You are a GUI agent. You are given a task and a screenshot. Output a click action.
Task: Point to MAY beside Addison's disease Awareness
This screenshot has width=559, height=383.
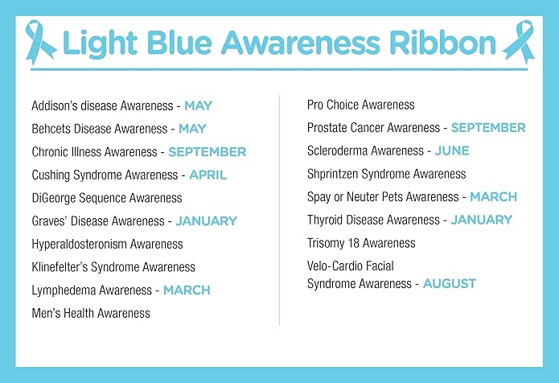tap(198, 105)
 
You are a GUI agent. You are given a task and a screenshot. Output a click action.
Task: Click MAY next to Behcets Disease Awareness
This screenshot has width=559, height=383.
tap(192, 129)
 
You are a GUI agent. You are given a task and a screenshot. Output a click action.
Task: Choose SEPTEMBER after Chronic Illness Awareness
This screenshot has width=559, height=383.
tap(207, 151)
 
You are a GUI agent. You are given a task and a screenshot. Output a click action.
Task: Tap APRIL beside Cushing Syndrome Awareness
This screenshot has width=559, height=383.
tap(208, 175)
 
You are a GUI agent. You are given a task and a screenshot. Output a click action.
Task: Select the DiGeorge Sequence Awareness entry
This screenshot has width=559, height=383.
tap(107, 198)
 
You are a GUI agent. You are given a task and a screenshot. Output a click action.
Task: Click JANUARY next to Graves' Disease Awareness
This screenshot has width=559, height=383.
tap(206, 220)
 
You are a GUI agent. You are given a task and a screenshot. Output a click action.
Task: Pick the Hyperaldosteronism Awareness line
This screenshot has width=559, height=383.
tap(107, 244)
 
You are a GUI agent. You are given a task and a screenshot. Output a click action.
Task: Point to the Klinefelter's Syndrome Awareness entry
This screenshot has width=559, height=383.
tap(113, 267)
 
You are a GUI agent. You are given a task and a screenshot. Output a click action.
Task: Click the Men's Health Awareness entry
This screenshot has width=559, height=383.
tap(91, 313)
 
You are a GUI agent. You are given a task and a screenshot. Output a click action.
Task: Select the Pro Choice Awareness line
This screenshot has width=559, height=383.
tap(361, 105)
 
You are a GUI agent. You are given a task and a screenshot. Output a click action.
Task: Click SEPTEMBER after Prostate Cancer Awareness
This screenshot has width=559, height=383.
tap(488, 128)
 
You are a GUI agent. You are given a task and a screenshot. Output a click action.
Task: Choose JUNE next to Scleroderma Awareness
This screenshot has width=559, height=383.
tap(452, 150)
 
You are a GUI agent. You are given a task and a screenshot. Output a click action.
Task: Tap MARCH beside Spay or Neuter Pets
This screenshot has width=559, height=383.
tap(493, 197)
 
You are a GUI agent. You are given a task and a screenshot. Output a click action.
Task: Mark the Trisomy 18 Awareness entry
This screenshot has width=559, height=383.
tap(361, 243)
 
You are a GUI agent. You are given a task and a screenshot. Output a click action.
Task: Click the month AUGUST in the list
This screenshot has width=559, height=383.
tap(449, 283)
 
